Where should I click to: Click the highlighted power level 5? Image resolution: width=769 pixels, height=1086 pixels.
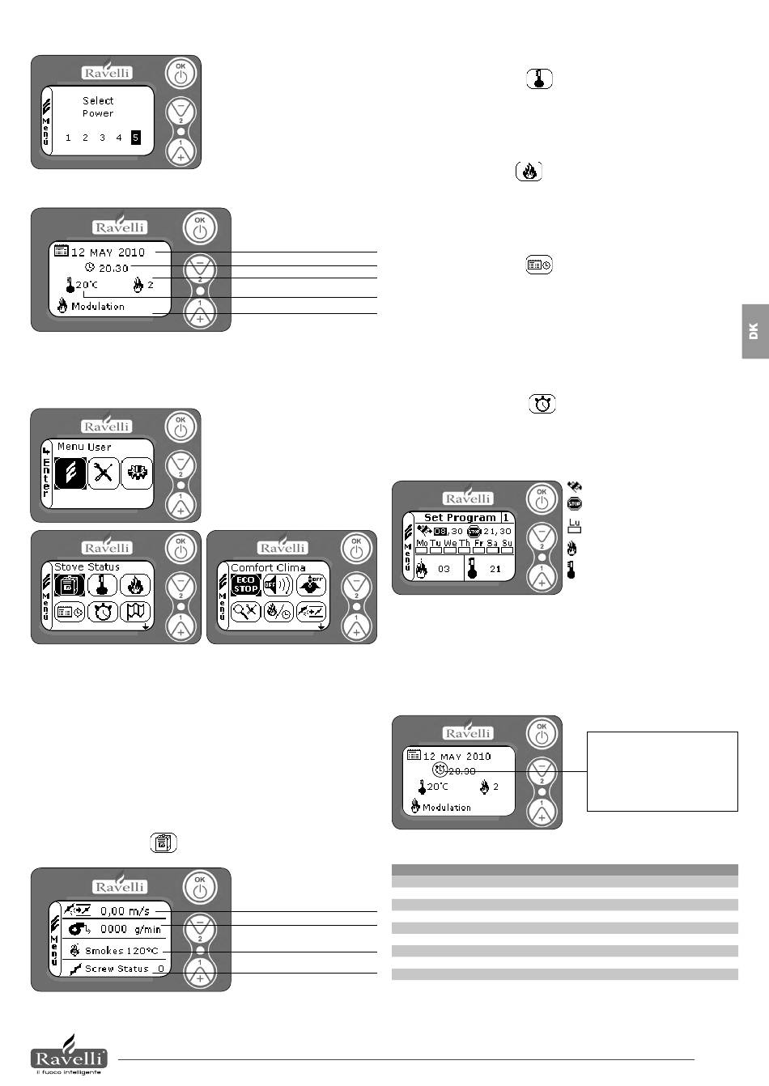click(135, 138)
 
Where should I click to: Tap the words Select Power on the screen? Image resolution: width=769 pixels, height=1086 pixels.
click(98, 107)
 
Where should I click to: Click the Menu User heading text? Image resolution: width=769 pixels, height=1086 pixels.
click(84, 447)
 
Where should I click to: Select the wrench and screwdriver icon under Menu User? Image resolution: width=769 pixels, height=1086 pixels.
click(103, 473)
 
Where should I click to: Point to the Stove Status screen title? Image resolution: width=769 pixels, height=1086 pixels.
click(87, 567)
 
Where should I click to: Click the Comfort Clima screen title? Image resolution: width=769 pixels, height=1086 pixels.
click(268, 567)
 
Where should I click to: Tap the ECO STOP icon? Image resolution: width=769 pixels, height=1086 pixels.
click(245, 584)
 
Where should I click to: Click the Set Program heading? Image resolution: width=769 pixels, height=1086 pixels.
click(460, 517)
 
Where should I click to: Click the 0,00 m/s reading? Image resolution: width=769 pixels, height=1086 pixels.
click(125, 911)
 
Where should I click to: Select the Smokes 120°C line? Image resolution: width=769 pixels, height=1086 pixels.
click(121, 951)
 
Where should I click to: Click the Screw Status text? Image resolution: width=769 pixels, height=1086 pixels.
click(117, 969)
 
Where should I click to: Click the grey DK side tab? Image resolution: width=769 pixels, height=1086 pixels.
click(754, 331)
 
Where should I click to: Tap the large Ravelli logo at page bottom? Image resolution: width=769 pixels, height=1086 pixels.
click(69, 1055)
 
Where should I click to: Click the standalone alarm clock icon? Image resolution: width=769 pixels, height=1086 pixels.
click(543, 404)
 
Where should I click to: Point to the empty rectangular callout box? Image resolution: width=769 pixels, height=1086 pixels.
click(662, 771)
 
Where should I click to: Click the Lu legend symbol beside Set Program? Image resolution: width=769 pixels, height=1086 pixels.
click(575, 527)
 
